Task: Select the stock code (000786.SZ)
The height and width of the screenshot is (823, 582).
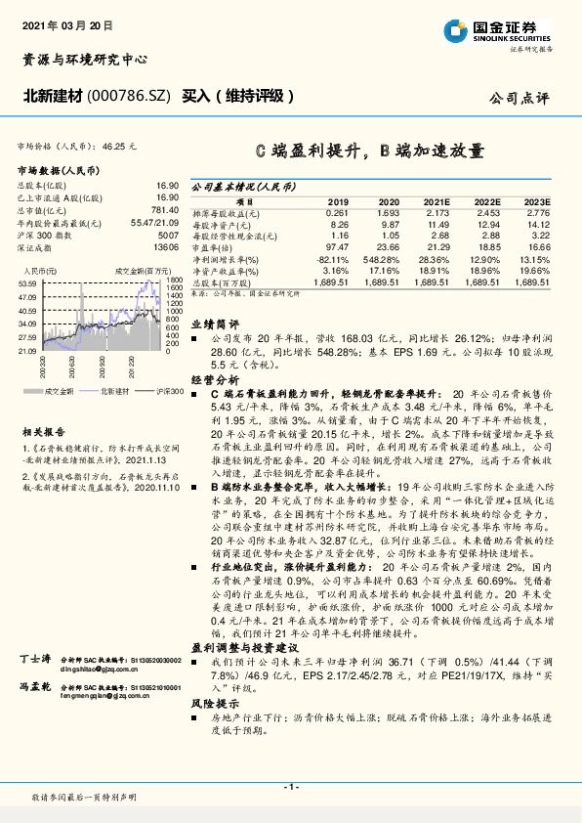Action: [x=130, y=96]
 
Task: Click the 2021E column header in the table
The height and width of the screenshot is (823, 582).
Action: [x=435, y=199]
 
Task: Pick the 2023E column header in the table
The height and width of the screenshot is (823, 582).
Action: [x=536, y=199]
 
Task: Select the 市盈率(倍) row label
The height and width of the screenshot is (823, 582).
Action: [x=222, y=248]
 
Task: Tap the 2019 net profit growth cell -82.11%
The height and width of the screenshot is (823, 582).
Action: [x=332, y=259]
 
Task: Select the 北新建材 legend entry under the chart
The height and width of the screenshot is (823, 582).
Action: [x=113, y=390]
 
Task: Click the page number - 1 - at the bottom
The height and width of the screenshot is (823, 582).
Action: [x=290, y=787]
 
